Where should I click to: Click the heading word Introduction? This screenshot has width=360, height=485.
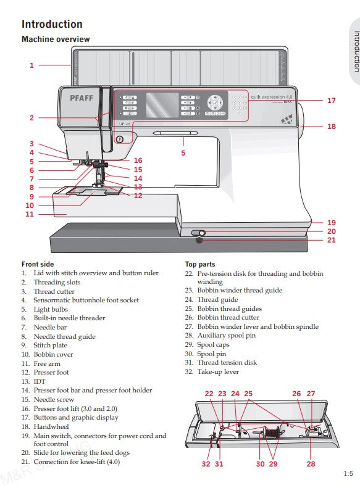52,24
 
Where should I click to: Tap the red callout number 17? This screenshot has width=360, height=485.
332,100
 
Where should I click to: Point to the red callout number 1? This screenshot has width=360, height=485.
31,65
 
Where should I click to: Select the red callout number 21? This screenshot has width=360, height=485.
332,240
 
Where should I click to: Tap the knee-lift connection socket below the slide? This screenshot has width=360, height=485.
199,243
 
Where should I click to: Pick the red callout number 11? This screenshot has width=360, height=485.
30,214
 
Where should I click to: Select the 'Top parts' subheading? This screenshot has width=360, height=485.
200,264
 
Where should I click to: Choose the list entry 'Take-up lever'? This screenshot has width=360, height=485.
218,371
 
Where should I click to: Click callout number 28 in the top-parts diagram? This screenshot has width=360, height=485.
311,463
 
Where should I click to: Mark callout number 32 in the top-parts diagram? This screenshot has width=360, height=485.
206,463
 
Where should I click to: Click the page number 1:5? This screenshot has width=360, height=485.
348,474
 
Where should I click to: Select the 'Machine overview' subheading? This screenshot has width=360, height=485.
56,39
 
